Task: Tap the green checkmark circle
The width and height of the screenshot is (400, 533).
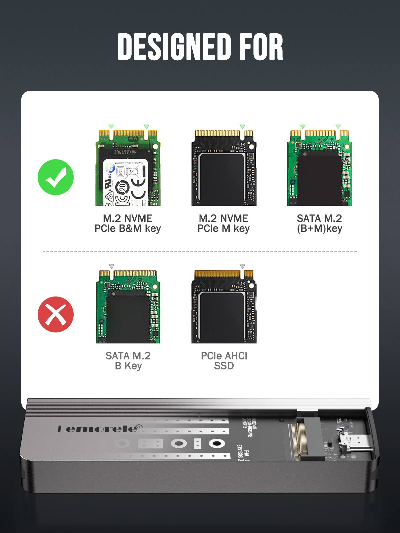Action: coord(56,177)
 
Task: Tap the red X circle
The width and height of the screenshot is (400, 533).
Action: coord(56,314)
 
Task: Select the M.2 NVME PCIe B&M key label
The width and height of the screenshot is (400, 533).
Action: coord(128,224)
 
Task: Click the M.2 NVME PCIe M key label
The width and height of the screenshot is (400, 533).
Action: coord(224,224)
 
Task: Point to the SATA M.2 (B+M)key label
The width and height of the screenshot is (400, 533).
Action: coord(319,224)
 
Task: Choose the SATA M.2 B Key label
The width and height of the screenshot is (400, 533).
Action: coord(128,361)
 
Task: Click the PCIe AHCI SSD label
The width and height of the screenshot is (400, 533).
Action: coord(224,361)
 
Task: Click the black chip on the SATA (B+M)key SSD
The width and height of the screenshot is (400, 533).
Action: coord(319,178)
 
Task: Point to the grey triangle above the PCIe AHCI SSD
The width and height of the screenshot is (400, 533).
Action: coord(242,266)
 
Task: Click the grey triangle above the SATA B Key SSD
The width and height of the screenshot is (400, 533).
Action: coord(112,266)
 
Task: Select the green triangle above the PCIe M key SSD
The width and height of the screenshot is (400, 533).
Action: coord(242,127)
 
